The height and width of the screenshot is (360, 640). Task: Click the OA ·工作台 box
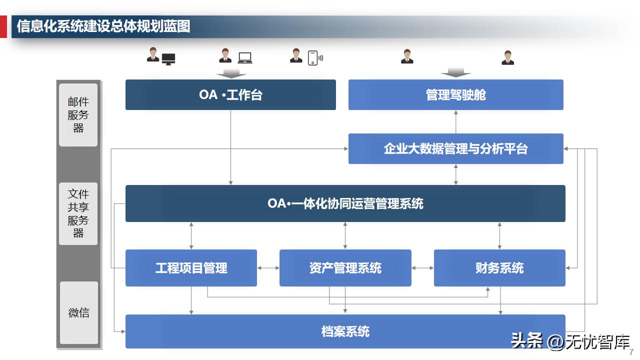[x=230, y=94]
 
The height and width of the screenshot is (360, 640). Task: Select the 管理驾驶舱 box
[x=455, y=94]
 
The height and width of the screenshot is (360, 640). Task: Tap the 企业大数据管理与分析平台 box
[x=455, y=148]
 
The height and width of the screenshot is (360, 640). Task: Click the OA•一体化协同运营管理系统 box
[x=345, y=203]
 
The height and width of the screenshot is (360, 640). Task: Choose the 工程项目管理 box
[x=191, y=268]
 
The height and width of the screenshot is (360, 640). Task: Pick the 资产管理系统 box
[x=345, y=268]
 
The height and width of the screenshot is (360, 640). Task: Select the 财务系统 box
[x=499, y=268]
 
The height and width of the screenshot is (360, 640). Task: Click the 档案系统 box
[x=345, y=331]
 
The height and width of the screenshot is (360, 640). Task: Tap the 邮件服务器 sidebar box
[x=78, y=115]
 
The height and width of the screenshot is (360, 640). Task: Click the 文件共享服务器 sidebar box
[x=78, y=213]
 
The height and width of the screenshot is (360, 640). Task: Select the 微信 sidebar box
[x=78, y=313]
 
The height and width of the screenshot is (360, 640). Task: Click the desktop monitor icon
[x=168, y=59]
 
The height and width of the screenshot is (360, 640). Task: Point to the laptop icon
[x=245, y=58]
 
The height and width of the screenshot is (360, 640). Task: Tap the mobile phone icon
[x=313, y=58]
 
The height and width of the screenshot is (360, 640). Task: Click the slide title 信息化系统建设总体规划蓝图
[x=103, y=26]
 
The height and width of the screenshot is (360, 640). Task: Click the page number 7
[x=631, y=351]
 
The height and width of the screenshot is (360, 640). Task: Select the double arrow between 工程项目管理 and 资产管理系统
[x=268, y=268]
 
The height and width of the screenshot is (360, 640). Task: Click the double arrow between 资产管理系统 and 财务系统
[x=422, y=268]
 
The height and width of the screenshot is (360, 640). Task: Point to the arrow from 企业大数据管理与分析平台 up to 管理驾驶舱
[x=455, y=121]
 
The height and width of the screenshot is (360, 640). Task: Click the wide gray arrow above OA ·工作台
[x=230, y=73]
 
